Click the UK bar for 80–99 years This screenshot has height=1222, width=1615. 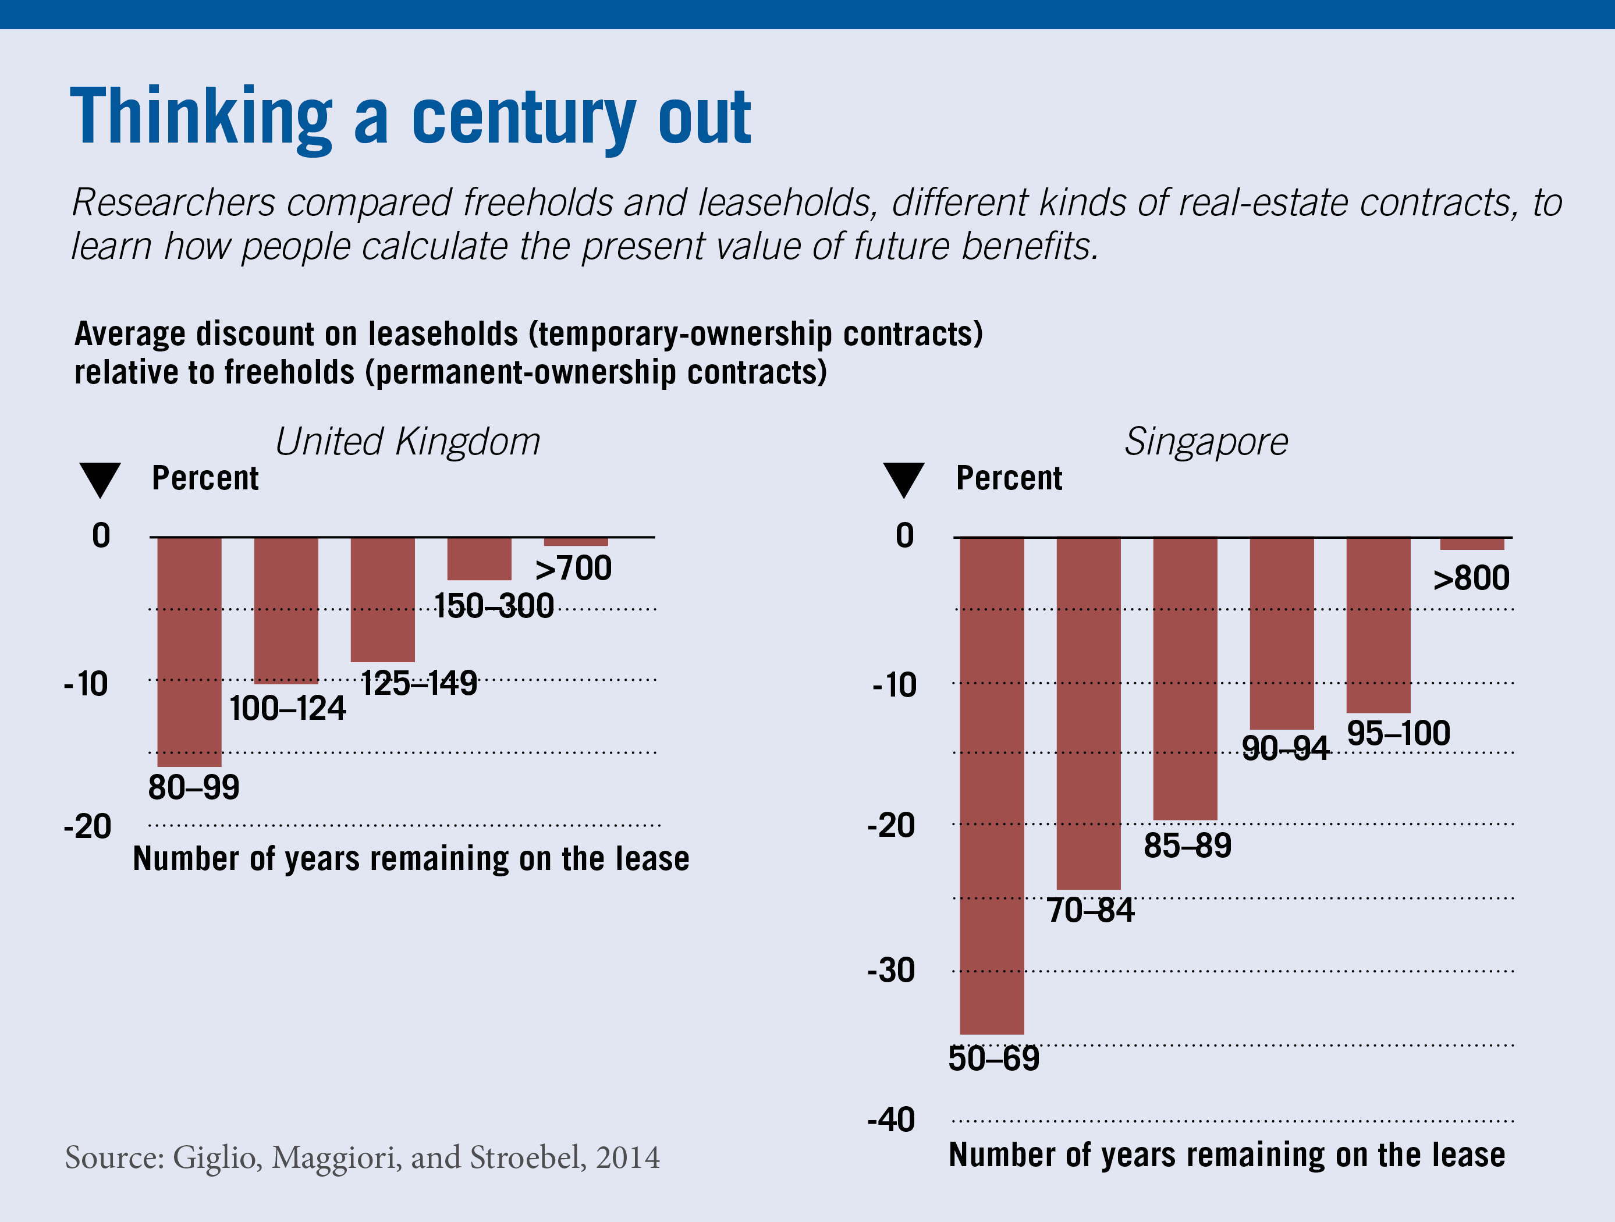pos(189,651)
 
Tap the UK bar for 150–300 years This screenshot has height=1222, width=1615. pos(479,559)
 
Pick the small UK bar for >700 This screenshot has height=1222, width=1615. pos(576,542)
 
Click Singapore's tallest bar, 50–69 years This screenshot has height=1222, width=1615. pos(992,785)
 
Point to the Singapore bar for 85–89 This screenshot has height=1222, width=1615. pos(1185,678)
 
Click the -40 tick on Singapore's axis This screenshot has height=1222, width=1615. pos(892,1120)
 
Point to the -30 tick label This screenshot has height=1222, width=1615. pos(892,971)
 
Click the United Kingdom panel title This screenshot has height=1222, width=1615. pos(407,442)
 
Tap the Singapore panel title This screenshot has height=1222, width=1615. pos(1206,442)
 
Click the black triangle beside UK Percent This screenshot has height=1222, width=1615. pos(100,479)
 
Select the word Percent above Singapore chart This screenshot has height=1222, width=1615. pos(1009,478)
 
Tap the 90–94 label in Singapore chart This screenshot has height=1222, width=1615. pos(1285,748)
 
